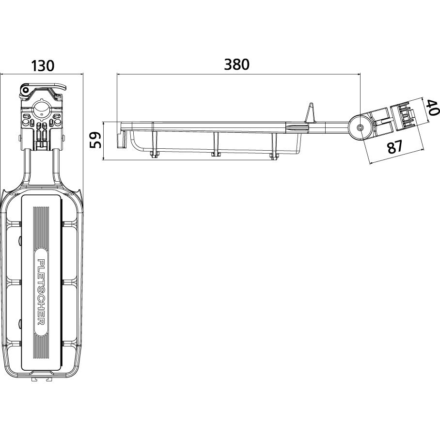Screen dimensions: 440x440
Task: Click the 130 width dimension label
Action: coord(42,66)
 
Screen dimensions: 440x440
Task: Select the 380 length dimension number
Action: coord(236,64)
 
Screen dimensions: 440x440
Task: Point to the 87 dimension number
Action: coord(395,147)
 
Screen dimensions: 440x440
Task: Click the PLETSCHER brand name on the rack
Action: coord(41,292)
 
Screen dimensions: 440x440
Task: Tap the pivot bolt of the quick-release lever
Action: coord(26,90)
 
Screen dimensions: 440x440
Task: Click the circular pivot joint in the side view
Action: coord(360,128)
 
